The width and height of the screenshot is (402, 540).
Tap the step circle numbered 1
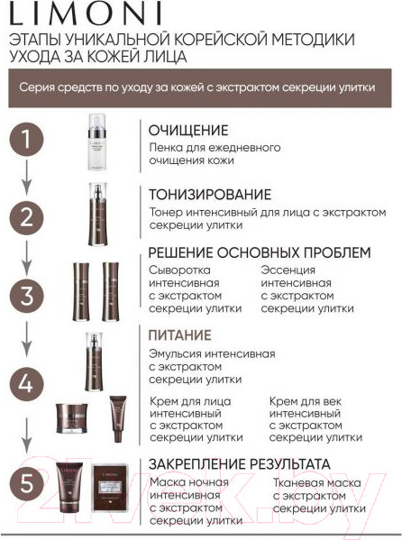(27, 140)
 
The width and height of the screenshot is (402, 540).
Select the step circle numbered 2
(27, 216)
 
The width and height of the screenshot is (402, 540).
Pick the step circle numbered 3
(27, 295)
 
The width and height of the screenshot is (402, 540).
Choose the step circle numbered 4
(27, 382)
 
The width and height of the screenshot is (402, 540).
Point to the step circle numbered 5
(27, 484)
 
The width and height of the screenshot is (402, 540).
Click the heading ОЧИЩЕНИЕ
(188, 130)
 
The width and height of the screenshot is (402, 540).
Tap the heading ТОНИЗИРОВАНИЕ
(210, 195)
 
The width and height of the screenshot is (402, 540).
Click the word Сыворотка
(179, 269)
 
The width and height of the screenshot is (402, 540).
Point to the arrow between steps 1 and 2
(27, 177)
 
